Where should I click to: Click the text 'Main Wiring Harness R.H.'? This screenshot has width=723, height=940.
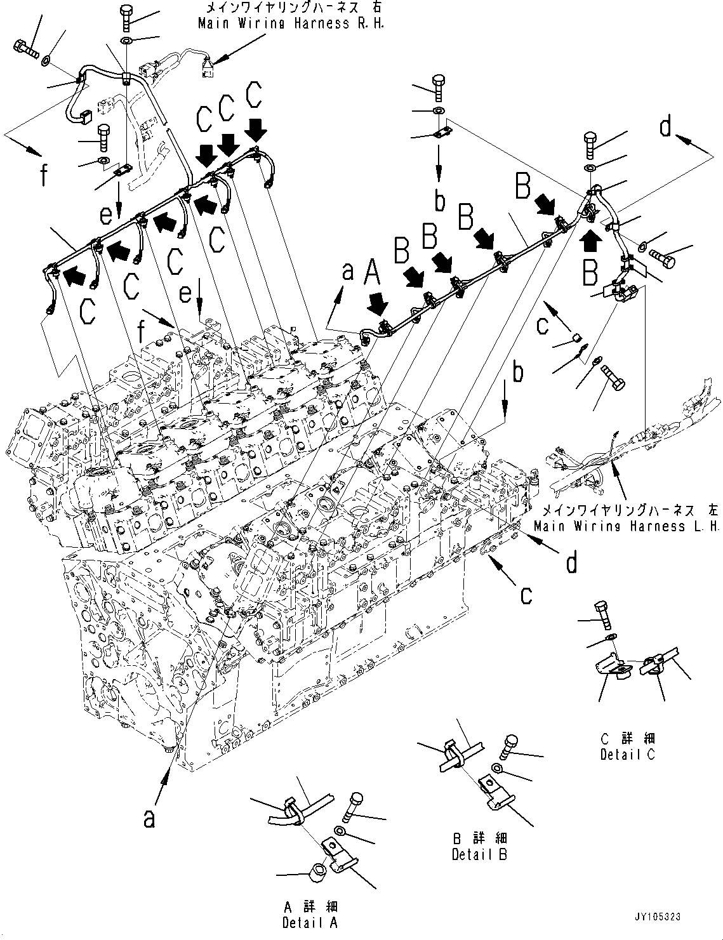[x=291, y=24]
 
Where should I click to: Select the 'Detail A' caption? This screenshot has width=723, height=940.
[x=310, y=922]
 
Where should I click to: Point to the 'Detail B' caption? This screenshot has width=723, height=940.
[x=479, y=855]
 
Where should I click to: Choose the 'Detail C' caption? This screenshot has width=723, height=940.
[x=628, y=754]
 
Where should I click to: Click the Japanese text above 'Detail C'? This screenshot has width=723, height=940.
[x=628, y=738]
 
